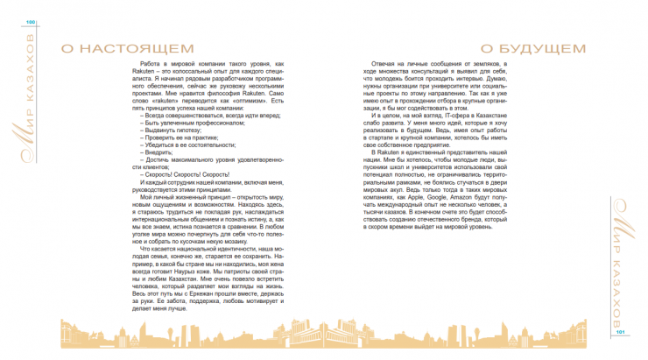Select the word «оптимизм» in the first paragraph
coord(247,101)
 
